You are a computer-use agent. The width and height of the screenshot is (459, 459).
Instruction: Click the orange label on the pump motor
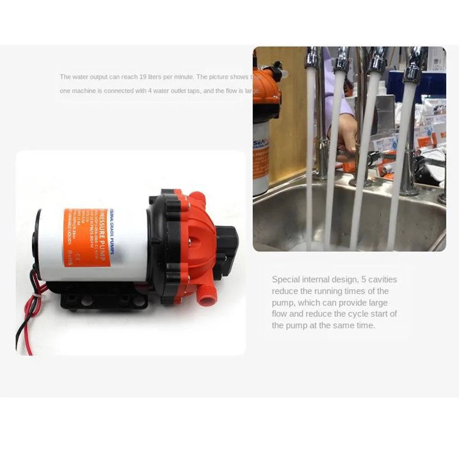click(x=88, y=238)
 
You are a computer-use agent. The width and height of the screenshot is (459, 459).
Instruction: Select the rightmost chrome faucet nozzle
click(x=415, y=67)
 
